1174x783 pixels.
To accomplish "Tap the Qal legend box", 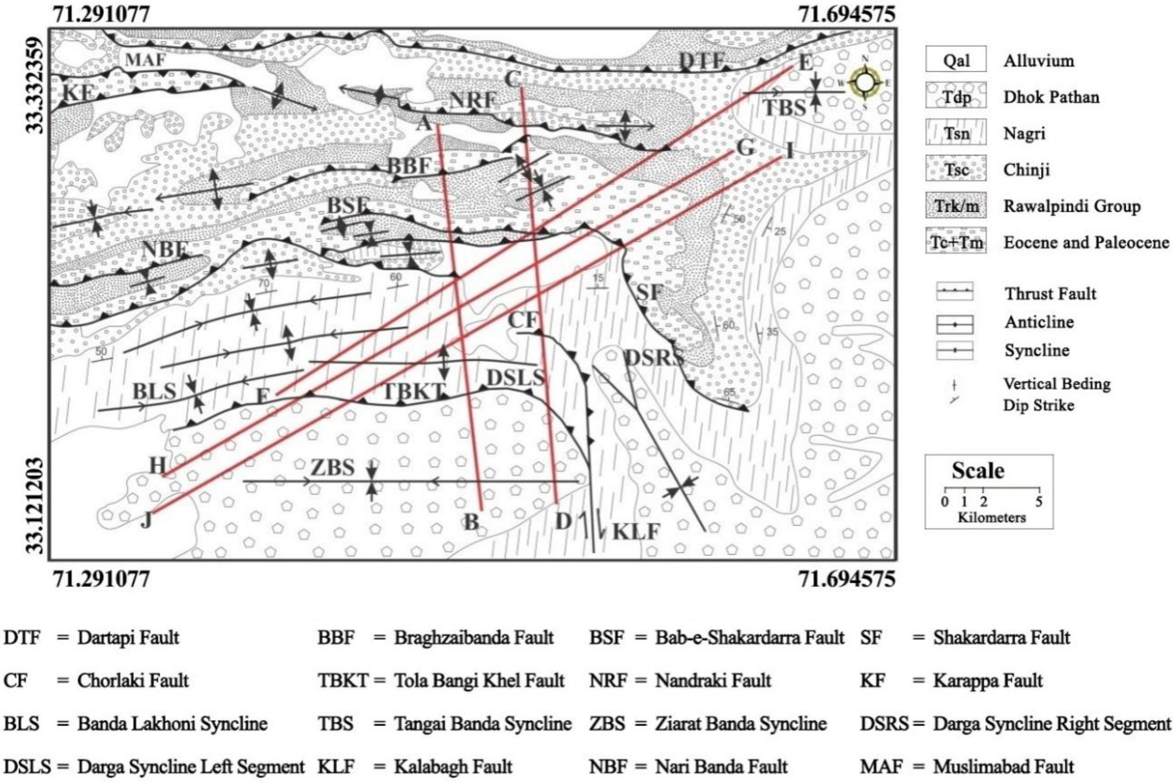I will click(955, 60).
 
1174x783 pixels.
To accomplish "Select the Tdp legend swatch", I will click(955, 96).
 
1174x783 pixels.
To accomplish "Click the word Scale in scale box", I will click(977, 471).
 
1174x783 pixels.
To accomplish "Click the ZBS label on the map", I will click(333, 468).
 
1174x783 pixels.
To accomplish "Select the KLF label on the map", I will click(636, 532).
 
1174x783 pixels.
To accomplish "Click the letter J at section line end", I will click(146, 521).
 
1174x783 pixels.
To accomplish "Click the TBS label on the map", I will click(784, 107).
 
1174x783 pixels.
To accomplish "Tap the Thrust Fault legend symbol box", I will click(954, 291).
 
